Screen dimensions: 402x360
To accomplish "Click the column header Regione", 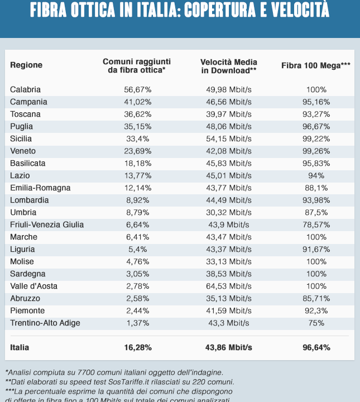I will click(x=26, y=65).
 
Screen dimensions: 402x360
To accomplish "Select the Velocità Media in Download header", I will click(x=229, y=65).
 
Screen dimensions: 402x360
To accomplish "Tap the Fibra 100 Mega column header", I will click(x=316, y=65).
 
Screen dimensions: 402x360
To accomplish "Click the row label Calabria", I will click(x=25, y=89).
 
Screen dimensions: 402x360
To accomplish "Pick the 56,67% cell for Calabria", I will click(x=137, y=89).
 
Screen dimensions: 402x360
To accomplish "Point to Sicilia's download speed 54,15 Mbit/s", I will click(x=229, y=138).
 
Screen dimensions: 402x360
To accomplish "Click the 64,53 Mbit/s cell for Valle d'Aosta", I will click(x=229, y=286).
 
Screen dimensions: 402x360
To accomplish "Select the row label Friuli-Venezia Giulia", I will click(x=47, y=224).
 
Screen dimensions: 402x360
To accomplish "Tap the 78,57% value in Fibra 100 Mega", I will click(x=316, y=224).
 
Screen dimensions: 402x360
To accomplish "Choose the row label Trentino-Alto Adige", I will click(x=45, y=323).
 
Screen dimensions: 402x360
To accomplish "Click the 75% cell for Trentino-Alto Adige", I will click(x=316, y=323).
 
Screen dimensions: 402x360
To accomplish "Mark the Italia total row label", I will click(x=20, y=347).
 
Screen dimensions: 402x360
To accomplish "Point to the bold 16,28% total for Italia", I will click(x=137, y=347).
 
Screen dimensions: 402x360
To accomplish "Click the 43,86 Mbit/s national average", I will click(x=229, y=347).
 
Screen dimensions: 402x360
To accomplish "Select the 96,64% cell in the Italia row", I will click(x=316, y=347).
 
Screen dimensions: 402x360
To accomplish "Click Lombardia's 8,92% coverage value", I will click(x=137, y=200).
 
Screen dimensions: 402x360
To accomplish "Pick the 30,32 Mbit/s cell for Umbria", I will click(x=229, y=212).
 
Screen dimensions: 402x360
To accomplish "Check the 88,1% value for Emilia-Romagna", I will click(x=316, y=188).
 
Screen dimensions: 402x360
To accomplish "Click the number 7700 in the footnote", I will click(x=85, y=372).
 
